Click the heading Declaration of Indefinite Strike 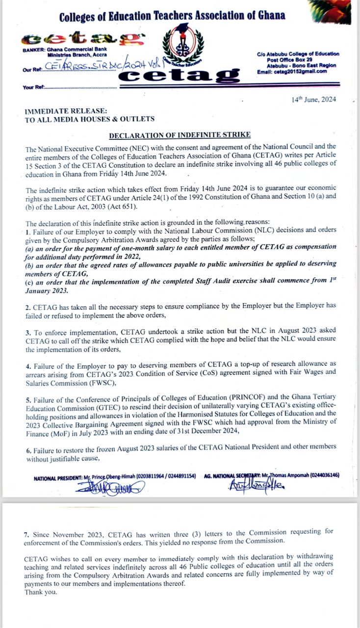click(180, 135)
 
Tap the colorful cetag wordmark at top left click(84, 38)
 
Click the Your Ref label click(33, 87)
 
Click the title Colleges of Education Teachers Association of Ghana click(172, 16)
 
